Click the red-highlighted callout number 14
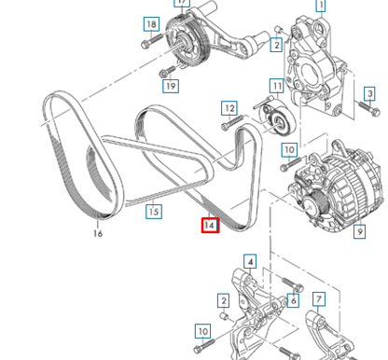209,225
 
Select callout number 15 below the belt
154,212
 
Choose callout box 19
170,86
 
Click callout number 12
229,108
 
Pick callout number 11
276,87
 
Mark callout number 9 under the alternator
359,230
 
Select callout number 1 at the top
321,6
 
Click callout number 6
293,299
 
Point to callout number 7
319,299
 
